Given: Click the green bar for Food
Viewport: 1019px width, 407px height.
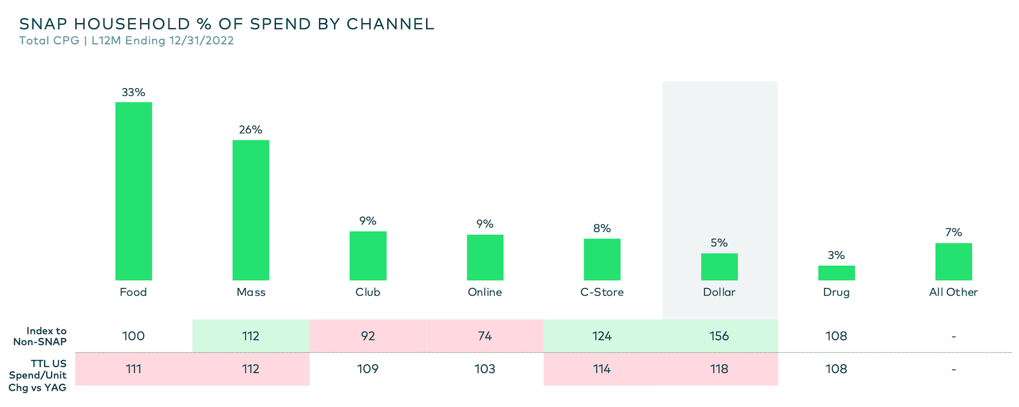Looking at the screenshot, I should pyautogui.click(x=134, y=191).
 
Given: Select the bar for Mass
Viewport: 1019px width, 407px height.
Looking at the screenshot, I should pyautogui.click(x=251, y=210).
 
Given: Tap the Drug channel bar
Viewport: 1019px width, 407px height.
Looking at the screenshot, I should pyautogui.click(x=836, y=273).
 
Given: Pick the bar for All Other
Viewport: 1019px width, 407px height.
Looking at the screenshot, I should pyautogui.click(x=953, y=262).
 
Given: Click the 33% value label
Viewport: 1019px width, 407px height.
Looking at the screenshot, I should pyautogui.click(x=134, y=92).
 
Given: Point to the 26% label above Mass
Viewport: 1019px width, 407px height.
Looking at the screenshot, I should pyautogui.click(x=251, y=130).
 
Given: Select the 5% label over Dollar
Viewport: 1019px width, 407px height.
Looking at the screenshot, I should pyautogui.click(x=719, y=243).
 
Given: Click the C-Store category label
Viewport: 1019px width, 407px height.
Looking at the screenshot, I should pyautogui.click(x=602, y=292).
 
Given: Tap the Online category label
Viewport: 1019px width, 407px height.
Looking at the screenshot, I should pyautogui.click(x=485, y=292).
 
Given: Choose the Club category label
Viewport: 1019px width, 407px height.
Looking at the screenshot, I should pyautogui.click(x=367, y=292).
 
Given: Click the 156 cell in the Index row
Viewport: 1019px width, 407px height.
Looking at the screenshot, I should pyautogui.click(x=719, y=336).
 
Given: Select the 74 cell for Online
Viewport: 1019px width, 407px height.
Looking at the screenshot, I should pyautogui.click(x=485, y=336).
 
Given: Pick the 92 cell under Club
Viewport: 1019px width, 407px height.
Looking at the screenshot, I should pyautogui.click(x=368, y=336).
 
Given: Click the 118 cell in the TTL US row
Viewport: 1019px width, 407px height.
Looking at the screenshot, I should pyautogui.click(x=719, y=369).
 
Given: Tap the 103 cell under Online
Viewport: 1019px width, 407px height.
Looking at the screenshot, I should pyautogui.click(x=485, y=369).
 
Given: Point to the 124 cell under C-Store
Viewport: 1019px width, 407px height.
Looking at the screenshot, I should pyautogui.click(x=602, y=336).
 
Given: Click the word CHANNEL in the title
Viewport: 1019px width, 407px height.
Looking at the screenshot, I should pyautogui.click(x=390, y=24).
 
